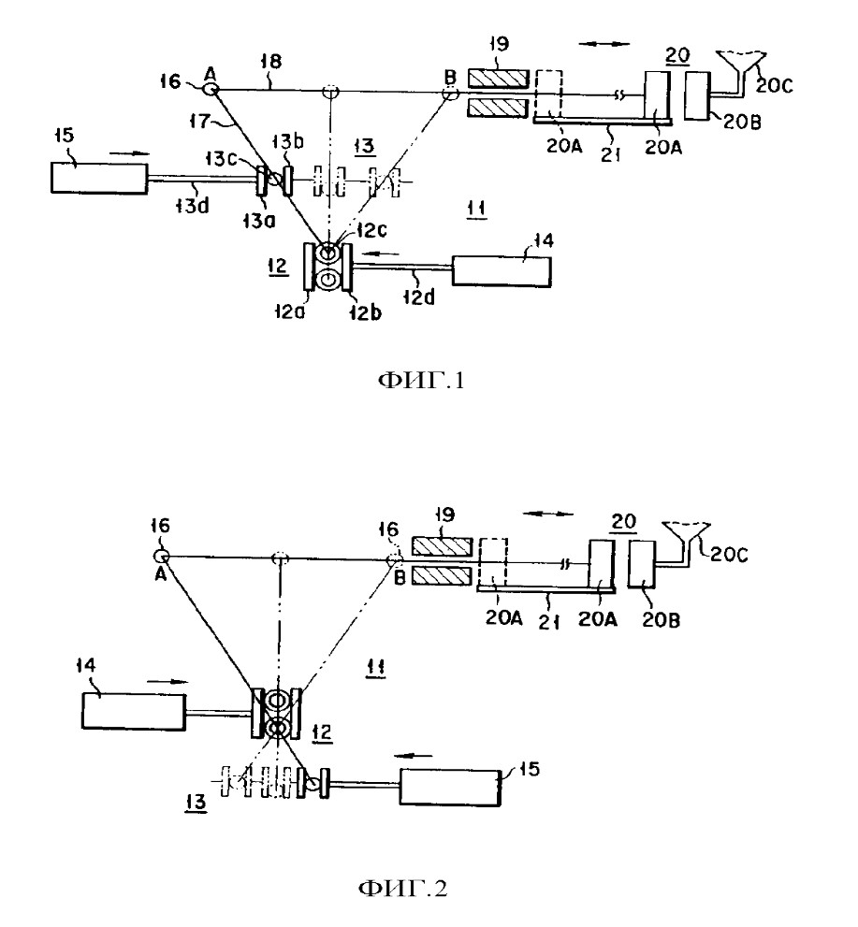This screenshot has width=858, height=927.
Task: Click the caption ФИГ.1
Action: tap(421, 380)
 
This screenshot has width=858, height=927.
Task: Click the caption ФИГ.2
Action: tap(402, 888)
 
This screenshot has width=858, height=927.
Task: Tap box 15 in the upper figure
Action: tap(99, 178)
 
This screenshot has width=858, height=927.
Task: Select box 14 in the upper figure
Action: tap(502, 271)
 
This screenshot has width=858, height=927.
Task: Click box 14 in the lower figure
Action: tap(134, 711)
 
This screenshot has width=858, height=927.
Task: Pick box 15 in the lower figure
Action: tap(451, 787)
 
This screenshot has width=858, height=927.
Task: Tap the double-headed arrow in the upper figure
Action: tap(604, 43)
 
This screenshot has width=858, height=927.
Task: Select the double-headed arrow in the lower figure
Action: tap(548, 514)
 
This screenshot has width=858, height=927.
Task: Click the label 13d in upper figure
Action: tap(193, 206)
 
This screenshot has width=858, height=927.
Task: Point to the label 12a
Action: tap(289, 311)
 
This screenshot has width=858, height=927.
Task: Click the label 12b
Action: tap(366, 312)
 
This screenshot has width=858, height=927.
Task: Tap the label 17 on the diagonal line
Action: tap(199, 122)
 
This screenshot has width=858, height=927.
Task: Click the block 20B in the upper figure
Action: tap(697, 95)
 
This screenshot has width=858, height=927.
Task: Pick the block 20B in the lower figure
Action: tap(642, 564)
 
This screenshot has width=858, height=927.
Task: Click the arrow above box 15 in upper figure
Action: tap(129, 152)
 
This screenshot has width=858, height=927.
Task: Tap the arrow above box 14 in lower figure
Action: tap(167, 682)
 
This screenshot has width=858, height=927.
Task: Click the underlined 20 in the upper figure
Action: tap(677, 55)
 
